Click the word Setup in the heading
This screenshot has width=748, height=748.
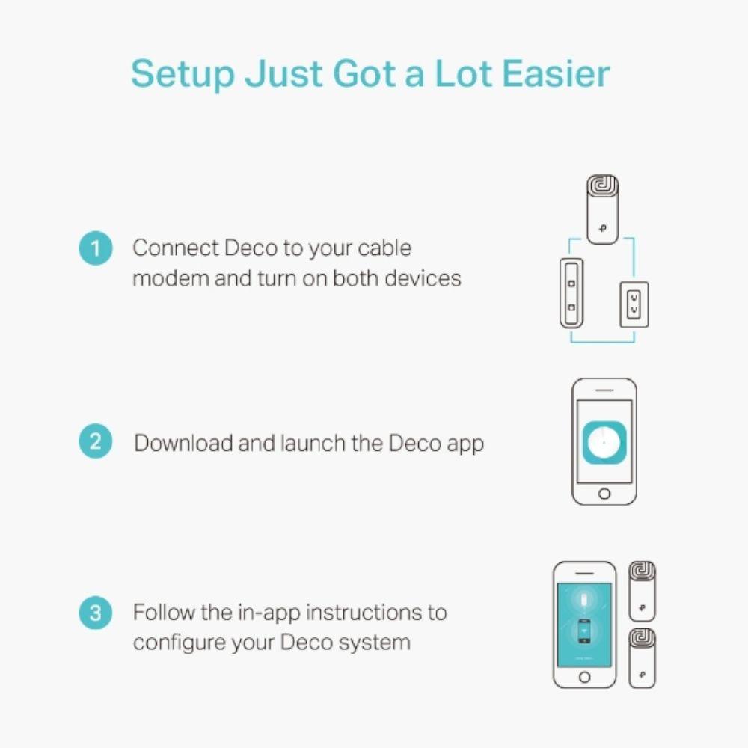pos(183,75)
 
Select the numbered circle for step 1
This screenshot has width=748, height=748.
pos(96,248)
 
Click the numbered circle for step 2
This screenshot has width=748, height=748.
pos(96,441)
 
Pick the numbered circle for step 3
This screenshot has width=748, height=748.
pos(96,612)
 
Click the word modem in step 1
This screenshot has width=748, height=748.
pos(171,278)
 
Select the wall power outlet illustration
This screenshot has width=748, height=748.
pos(634,304)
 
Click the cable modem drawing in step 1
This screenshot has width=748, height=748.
pos(571,293)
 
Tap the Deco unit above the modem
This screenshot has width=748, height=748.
pos(602,209)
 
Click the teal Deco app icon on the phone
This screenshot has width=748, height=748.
pos(604,442)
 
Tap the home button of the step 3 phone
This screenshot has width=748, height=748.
pos(584,677)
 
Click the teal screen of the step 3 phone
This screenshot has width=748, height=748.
pos(584,625)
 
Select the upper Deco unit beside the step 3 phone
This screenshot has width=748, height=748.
pos(642,591)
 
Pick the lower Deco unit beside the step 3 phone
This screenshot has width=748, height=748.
pos(642,658)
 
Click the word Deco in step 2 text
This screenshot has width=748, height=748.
pos(414,443)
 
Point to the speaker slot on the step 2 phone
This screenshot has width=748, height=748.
pos(604,390)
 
